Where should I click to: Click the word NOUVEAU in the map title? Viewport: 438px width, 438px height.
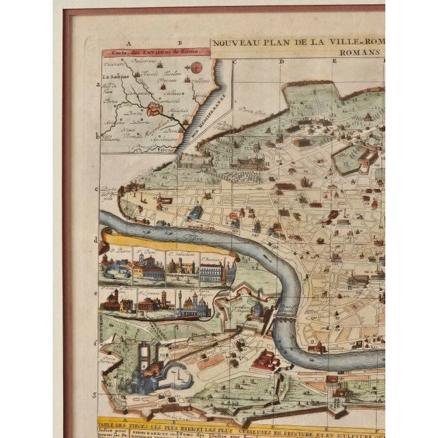(x=233, y=42)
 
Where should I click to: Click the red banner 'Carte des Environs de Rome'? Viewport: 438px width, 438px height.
(x=146, y=53)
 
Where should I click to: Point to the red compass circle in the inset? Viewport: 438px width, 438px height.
(x=197, y=67)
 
